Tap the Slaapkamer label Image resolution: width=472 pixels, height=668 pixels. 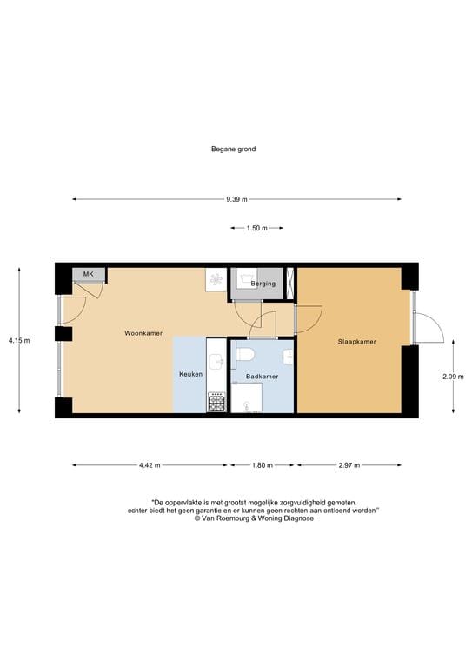(357, 342)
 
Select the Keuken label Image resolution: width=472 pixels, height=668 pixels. (190, 374)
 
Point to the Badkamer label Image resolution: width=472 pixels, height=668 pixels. (262, 377)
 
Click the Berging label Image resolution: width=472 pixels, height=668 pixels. (263, 284)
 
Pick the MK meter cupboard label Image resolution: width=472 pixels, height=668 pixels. (88, 275)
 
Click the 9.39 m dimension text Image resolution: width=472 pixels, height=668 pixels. (236, 200)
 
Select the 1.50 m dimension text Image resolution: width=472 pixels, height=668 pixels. (257, 229)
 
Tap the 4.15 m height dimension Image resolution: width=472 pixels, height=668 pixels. (18, 341)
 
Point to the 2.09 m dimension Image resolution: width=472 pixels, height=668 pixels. (453, 377)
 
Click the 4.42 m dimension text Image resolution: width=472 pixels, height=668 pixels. (150, 465)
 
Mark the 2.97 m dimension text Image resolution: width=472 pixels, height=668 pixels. (349, 465)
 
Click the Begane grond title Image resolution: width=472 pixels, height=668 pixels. (233, 149)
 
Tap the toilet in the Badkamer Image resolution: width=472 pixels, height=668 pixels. (246, 354)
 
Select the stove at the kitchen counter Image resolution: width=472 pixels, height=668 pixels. (216, 403)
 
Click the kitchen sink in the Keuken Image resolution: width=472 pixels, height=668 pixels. (216, 362)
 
